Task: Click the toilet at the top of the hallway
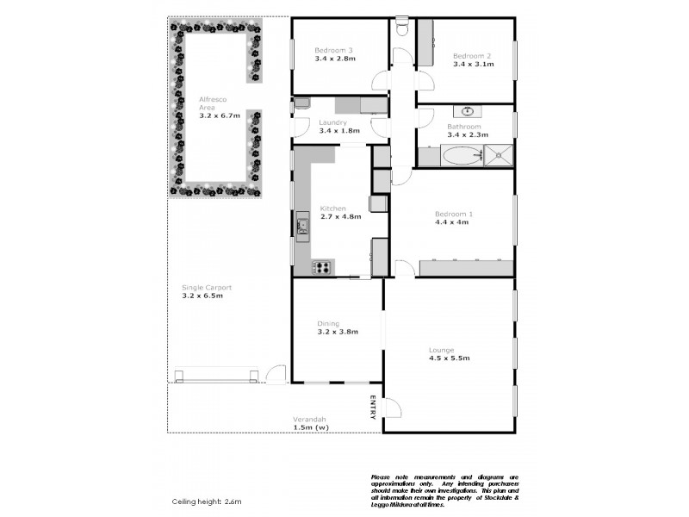point(402,28)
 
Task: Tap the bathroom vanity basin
point(467,111)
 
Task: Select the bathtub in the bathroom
point(459,157)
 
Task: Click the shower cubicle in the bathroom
point(499,156)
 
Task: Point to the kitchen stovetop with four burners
point(322,266)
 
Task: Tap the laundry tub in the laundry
point(301,103)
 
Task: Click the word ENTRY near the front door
point(373,408)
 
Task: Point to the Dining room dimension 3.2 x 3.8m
point(337,331)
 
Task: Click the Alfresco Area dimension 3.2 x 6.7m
point(219,115)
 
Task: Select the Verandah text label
point(310,420)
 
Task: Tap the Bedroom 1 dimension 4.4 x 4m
point(451,221)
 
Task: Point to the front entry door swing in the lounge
point(392,410)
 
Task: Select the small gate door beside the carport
point(276,374)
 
